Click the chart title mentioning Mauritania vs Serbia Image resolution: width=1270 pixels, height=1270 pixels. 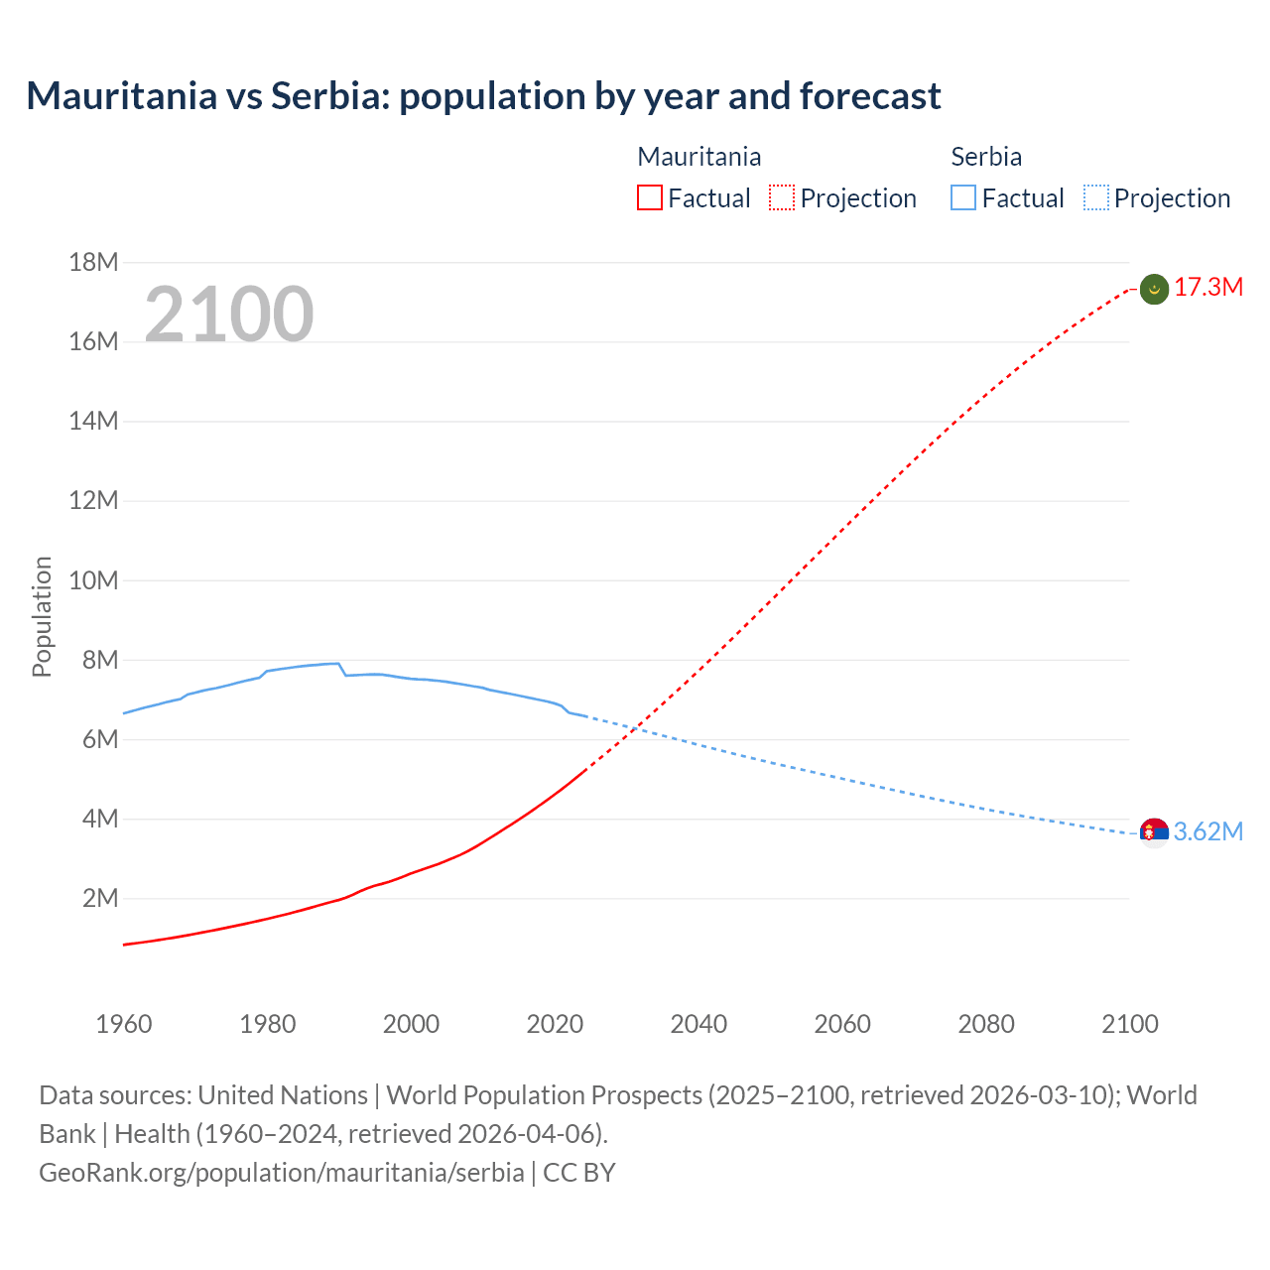click(483, 96)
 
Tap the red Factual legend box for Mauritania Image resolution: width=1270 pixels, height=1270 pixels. click(649, 197)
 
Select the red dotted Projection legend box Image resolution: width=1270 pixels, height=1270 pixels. click(782, 197)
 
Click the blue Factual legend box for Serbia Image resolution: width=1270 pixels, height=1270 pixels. click(962, 197)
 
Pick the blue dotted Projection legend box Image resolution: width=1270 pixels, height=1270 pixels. click(1095, 197)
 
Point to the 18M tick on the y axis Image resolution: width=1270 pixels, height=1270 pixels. click(93, 262)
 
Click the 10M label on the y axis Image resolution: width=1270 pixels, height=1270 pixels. click(93, 580)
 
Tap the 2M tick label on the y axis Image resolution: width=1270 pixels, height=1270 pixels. click(99, 899)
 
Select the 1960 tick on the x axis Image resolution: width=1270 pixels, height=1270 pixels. click(124, 1024)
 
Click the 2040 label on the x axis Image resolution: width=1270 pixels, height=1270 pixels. click(698, 1024)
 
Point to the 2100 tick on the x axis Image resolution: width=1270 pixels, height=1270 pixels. click(1129, 1024)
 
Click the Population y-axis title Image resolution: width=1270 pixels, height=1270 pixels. click(42, 616)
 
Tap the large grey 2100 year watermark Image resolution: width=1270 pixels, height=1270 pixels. click(229, 315)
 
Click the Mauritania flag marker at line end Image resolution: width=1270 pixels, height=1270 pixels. click(1154, 289)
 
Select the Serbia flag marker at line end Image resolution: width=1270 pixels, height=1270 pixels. click(1154, 832)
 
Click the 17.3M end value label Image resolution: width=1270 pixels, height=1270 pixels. click(1207, 288)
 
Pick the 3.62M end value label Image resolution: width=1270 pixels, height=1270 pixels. click(1207, 831)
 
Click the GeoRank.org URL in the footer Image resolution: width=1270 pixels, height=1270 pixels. click(281, 1173)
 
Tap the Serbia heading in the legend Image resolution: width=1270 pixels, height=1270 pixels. click(986, 157)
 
